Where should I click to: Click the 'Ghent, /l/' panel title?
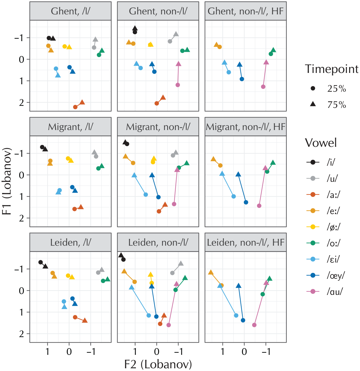coord(71,11)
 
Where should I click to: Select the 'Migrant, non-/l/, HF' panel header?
coord(245,127)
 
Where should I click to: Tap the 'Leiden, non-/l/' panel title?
coord(158,243)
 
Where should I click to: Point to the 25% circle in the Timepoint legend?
coord(313,88)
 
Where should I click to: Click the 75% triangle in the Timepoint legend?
coord(313,104)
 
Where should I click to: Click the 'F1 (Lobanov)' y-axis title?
coord(7,181)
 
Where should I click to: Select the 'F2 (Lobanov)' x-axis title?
coord(158,364)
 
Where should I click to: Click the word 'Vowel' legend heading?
coord(321,143)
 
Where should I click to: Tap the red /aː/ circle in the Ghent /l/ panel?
coord(75,107)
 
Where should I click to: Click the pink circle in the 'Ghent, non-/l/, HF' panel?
coord(263,87)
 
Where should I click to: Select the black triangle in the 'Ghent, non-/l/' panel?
coord(135,28)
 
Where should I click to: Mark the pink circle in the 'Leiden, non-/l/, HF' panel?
coord(254,325)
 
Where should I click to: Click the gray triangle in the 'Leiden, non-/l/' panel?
coord(181,264)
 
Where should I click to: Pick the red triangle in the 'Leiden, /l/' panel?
coord(85,320)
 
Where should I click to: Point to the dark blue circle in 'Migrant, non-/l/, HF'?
coord(246,202)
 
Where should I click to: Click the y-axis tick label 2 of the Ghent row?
coord(22,103)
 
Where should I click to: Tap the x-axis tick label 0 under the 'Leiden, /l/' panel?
coord(69,351)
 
